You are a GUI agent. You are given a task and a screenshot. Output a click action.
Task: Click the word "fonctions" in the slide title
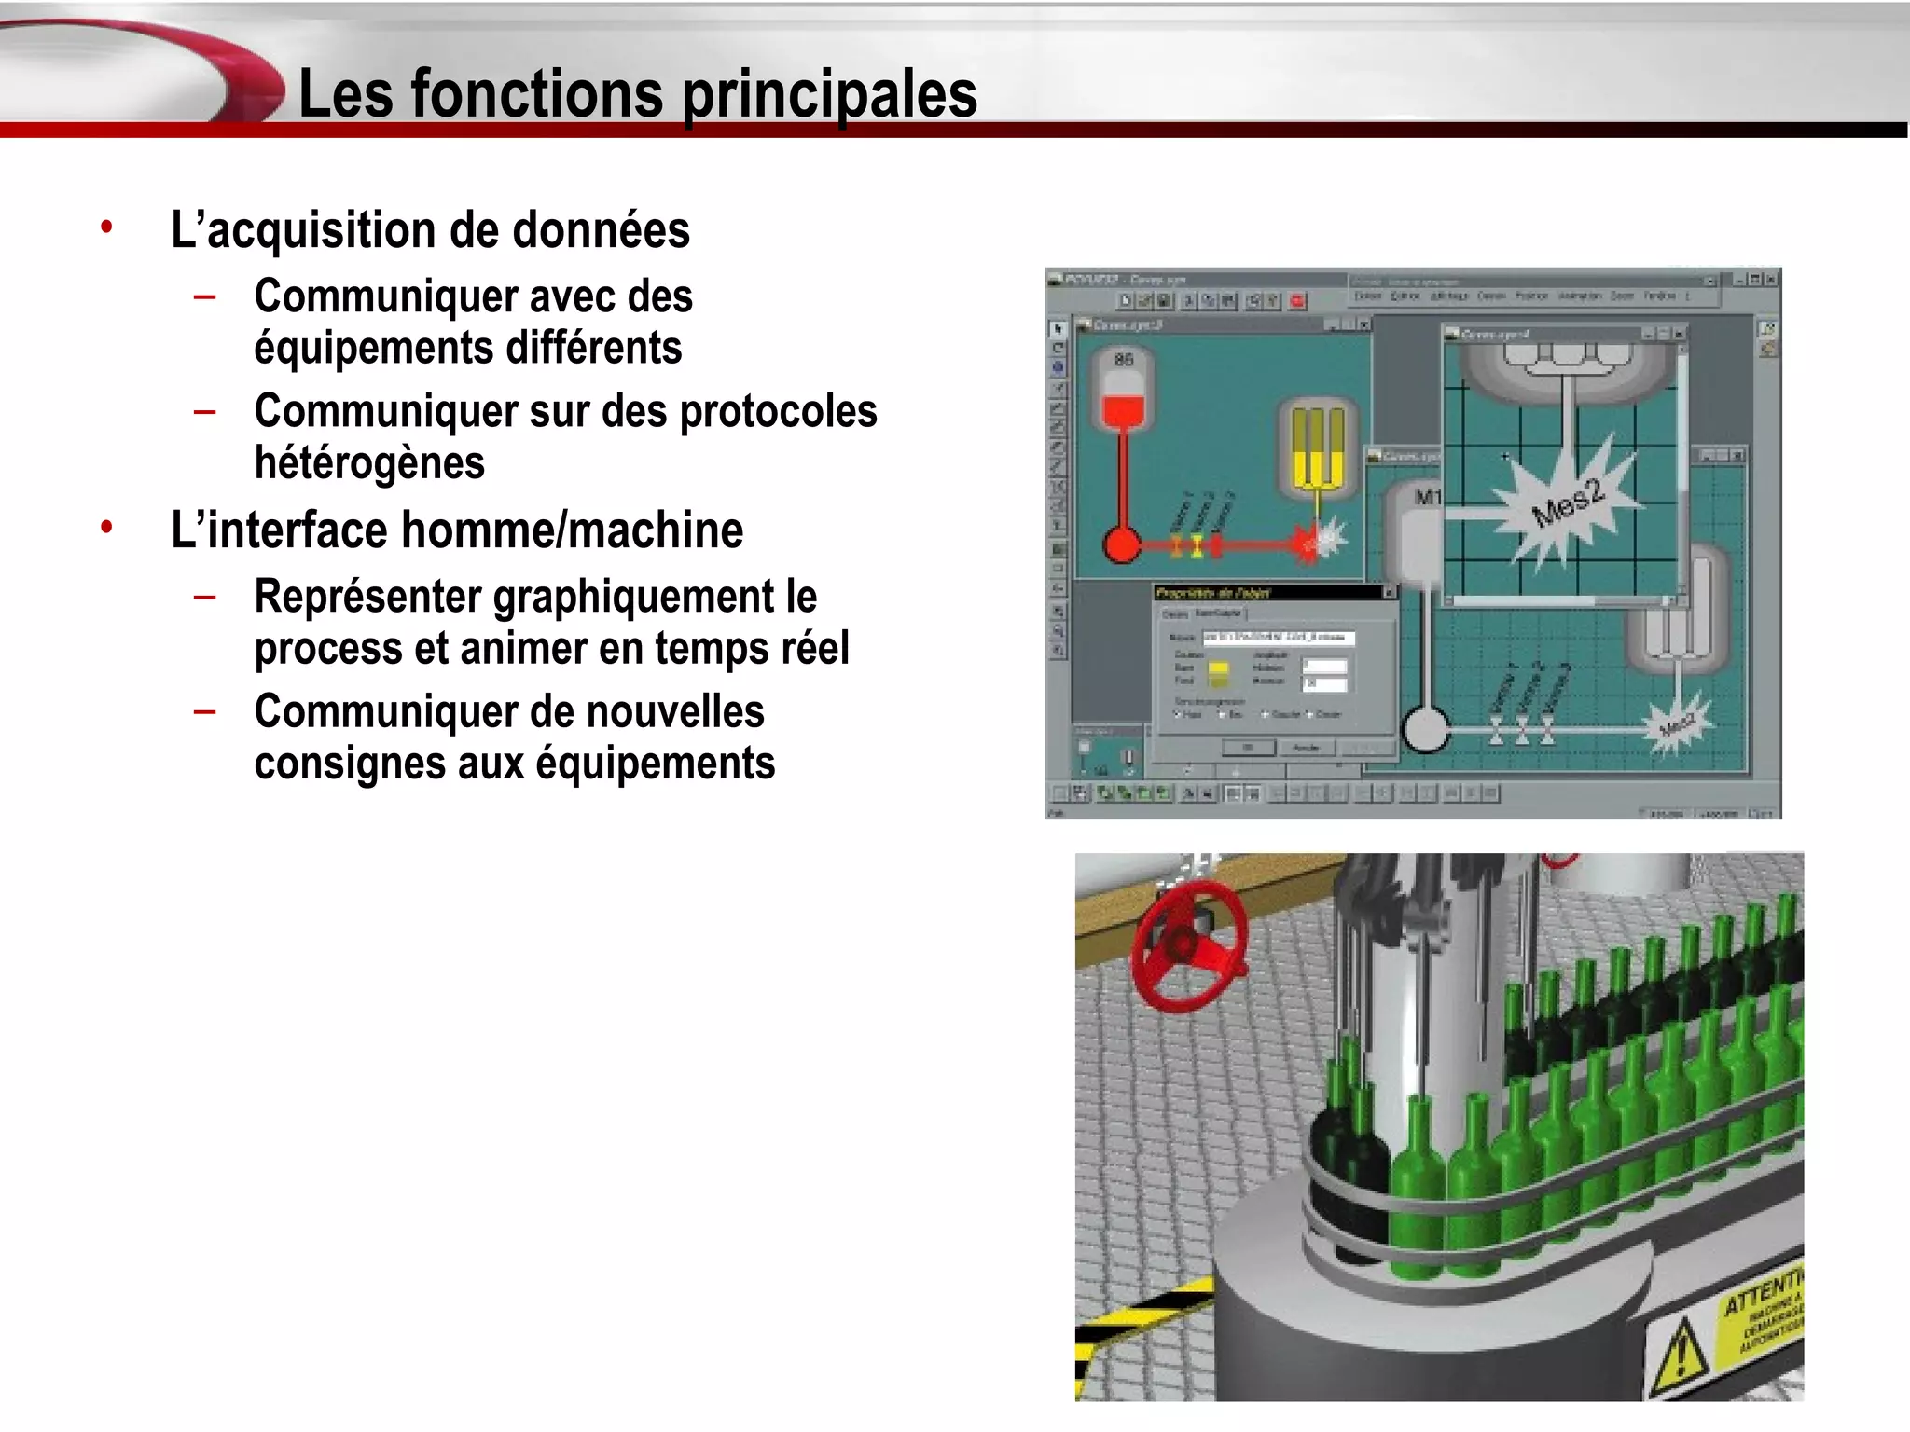click(x=536, y=94)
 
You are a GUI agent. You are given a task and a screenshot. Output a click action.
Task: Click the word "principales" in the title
click(x=829, y=94)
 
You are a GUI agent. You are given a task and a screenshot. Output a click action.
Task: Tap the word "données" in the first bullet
click(x=602, y=230)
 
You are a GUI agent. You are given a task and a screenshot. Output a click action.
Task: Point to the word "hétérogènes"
click(x=369, y=463)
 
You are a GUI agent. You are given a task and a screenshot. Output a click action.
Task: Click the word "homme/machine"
click(x=573, y=530)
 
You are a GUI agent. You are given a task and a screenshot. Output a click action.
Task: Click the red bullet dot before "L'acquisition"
click(x=107, y=227)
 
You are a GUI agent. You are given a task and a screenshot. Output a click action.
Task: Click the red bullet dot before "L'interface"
click(x=107, y=527)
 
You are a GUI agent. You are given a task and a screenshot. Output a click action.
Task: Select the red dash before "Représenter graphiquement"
click(x=205, y=597)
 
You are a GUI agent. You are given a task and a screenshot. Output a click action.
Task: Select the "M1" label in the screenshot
click(x=1427, y=497)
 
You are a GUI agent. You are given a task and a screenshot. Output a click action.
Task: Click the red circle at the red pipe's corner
click(x=1122, y=544)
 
